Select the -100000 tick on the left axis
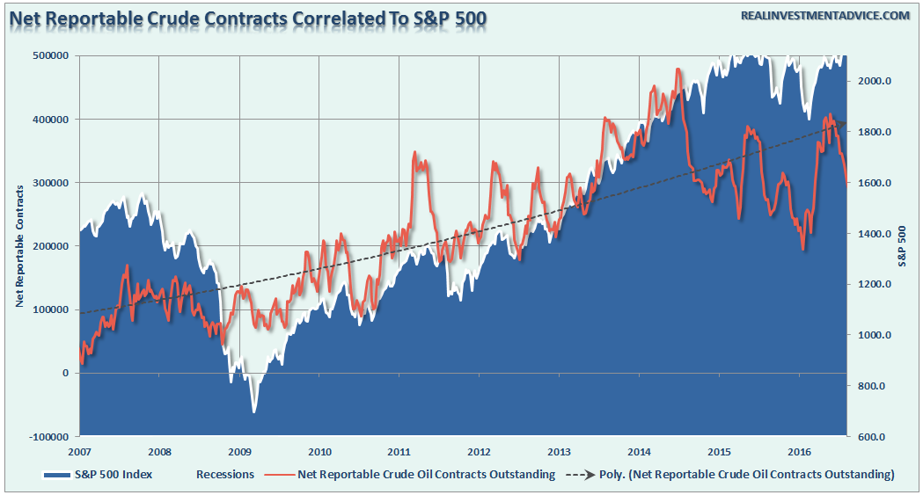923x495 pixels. point(49,436)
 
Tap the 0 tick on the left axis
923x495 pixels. point(65,373)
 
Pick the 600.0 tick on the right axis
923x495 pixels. point(869,437)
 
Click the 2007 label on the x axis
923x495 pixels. point(80,452)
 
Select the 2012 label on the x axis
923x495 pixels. point(480,452)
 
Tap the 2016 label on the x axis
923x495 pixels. point(799,452)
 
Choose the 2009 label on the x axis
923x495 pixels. point(239,452)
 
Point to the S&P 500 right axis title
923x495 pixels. point(903,246)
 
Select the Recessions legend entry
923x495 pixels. point(225,475)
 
